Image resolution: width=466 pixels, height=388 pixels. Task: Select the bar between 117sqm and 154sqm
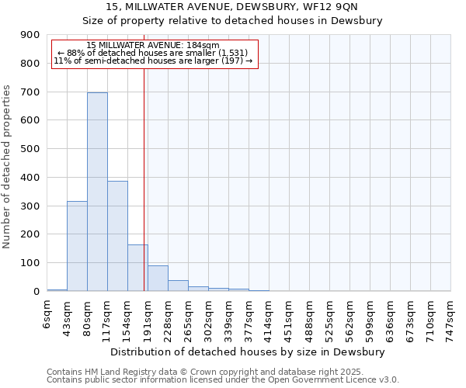117,236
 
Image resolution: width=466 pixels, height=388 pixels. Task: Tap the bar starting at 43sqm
77,246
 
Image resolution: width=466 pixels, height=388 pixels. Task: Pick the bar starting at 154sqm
137,268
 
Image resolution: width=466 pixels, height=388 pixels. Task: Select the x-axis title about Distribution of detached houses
249,352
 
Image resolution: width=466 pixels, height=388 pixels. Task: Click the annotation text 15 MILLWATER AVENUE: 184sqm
153,46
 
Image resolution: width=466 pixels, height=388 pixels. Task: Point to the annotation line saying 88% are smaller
153,53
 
